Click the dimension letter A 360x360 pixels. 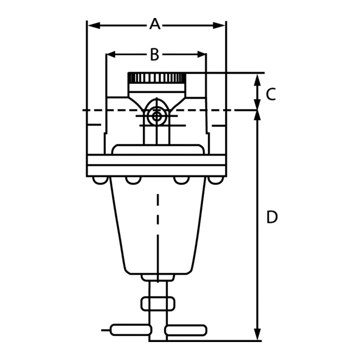[154, 24]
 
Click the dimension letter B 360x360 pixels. [154, 54]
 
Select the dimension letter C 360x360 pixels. [271, 94]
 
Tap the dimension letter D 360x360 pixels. [272, 217]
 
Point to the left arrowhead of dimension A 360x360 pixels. [93, 25]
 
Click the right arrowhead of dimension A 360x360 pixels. [219, 25]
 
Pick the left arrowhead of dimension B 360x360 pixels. [111, 54]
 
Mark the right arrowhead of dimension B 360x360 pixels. [201, 54]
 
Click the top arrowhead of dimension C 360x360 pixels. [257, 80]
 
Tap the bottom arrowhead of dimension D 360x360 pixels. [257, 334]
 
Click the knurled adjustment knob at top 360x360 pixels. [157, 78]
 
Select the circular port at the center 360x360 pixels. [157, 116]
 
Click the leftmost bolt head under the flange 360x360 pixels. [100, 180]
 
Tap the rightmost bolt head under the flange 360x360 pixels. [215, 180]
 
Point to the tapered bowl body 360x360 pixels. [157, 225]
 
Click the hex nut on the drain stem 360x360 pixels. [157, 304]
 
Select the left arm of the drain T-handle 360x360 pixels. [130, 330]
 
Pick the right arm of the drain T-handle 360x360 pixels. [185, 330]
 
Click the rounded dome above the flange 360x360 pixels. [158, 149]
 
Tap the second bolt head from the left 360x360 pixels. [133, 180]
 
